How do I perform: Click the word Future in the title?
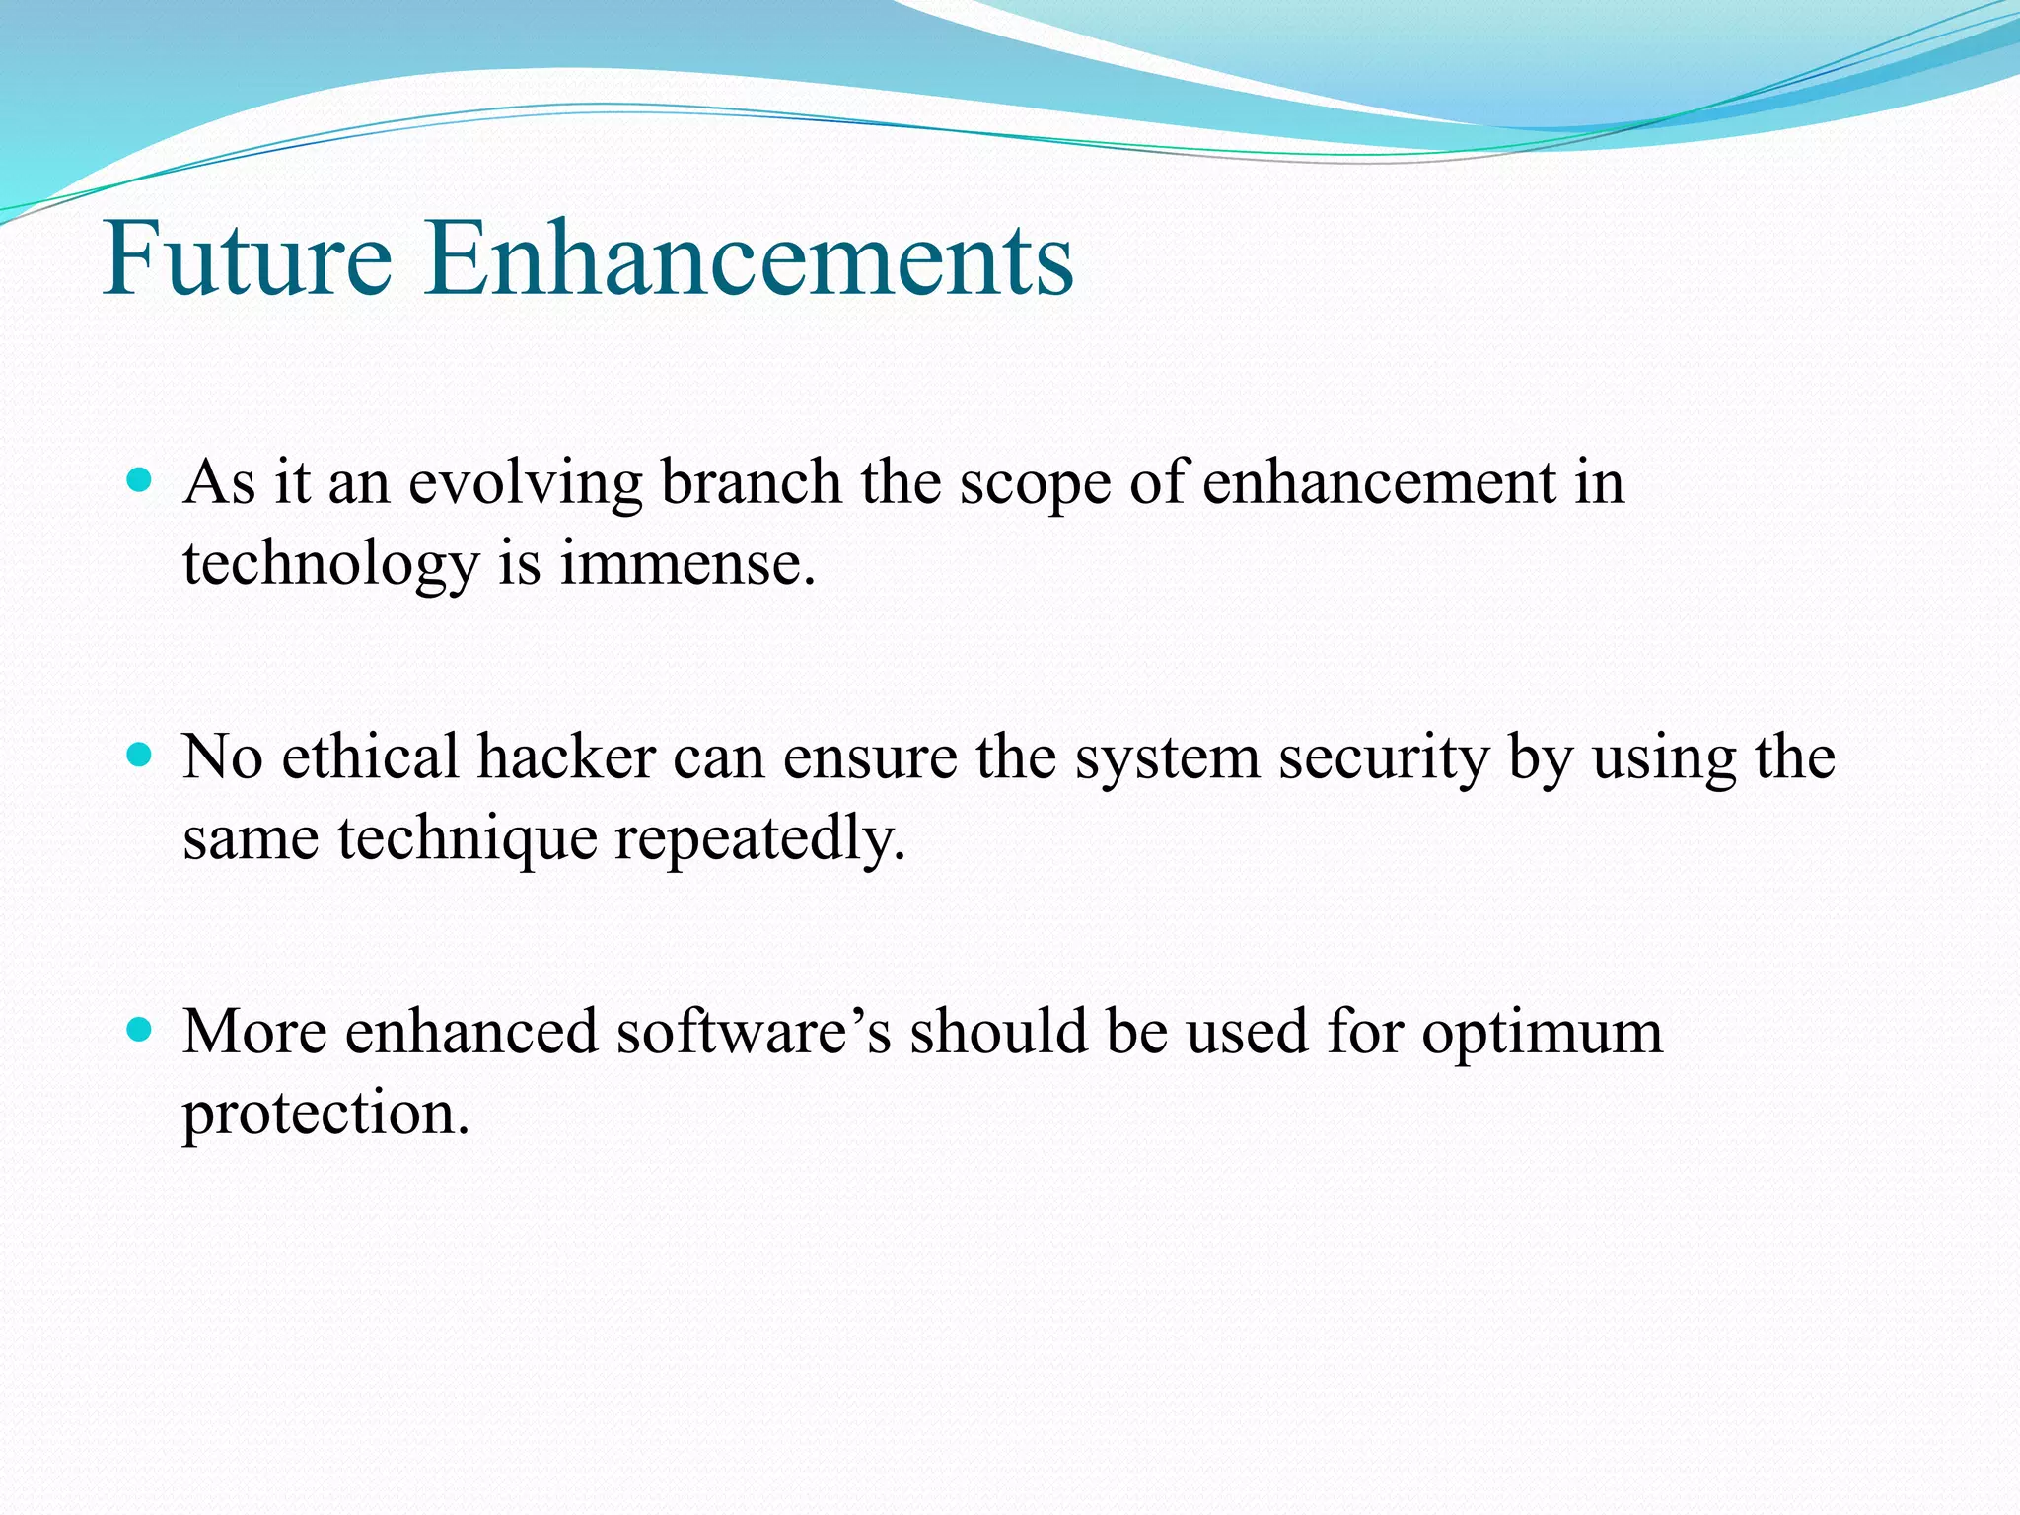248,257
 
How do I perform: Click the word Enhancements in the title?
749,257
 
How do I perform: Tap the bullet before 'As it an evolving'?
140,481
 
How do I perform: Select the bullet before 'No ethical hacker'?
140,757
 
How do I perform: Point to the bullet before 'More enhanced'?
140,1031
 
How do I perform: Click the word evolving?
526,485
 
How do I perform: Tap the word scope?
1036,487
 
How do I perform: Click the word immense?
687,564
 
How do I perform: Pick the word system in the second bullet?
1168,761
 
